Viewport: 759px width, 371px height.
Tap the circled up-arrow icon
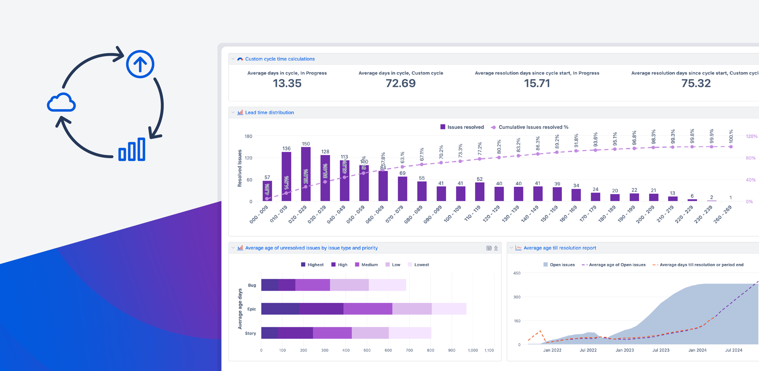[140, 64]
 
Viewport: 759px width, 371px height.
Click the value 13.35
[287, 83]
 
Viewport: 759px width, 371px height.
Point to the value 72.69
[401, 83]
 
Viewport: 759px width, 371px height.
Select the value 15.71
[537, 83]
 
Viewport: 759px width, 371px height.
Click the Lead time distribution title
[269, 113]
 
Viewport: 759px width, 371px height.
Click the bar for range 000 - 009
[267, 191]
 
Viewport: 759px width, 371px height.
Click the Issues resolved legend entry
[462, 127]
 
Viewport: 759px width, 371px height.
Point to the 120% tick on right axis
[752, 136]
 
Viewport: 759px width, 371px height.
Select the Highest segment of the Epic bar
[280, 309]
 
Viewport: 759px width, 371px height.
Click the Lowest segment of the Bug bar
[387, 285]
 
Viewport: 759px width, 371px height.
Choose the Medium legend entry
[366, 265]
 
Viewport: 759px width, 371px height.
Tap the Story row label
[250, 333]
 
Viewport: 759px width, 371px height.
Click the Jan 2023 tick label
[625, 350]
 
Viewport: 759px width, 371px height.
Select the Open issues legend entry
[559, 265]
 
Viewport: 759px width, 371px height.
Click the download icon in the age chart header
[496, 248]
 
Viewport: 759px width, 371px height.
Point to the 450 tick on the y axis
[517, 273]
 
